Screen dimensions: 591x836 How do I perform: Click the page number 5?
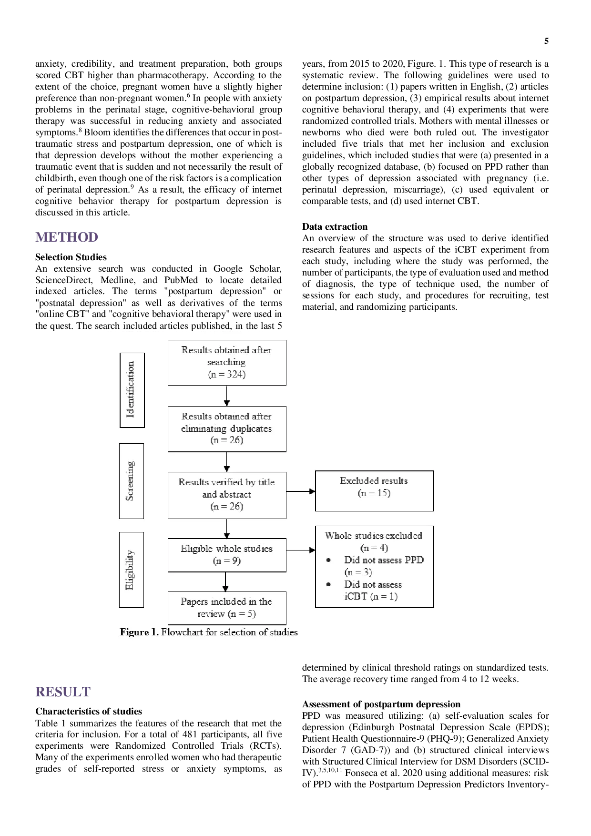[x=546, y=41]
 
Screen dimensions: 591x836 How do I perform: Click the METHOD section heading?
[x=67, y=237]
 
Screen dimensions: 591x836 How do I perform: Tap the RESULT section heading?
[x=63, y=692]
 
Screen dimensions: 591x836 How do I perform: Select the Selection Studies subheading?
[x=71, y=257]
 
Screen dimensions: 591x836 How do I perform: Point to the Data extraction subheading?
[x=335, y=227]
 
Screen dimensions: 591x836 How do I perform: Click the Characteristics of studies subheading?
[x=89, y=712]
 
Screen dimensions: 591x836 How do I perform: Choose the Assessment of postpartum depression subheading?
[x=381, y=704]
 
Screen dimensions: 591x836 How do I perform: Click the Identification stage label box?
[x=132, y=390]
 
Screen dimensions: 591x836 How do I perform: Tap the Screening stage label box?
[x=132, y=481]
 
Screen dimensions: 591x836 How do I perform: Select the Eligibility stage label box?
[x=132, y=570]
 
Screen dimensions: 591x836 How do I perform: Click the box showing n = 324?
[x=227, y=363]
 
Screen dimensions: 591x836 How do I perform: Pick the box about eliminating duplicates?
[x=227, y=429]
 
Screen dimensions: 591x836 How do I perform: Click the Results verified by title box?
[x=227, y=495]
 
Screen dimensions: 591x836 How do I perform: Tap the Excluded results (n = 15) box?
[x=375, y=491]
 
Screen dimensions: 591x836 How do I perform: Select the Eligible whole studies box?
[x=227, y=555]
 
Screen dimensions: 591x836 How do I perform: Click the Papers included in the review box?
[x=227, y=608]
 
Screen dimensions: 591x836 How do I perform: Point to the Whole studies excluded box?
[x=375, y=567]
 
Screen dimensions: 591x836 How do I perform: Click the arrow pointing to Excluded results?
[x=301, y=491]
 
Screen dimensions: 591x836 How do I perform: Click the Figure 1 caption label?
[x=139, y=632]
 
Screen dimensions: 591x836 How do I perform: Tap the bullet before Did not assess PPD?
[x=328, y=560]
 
